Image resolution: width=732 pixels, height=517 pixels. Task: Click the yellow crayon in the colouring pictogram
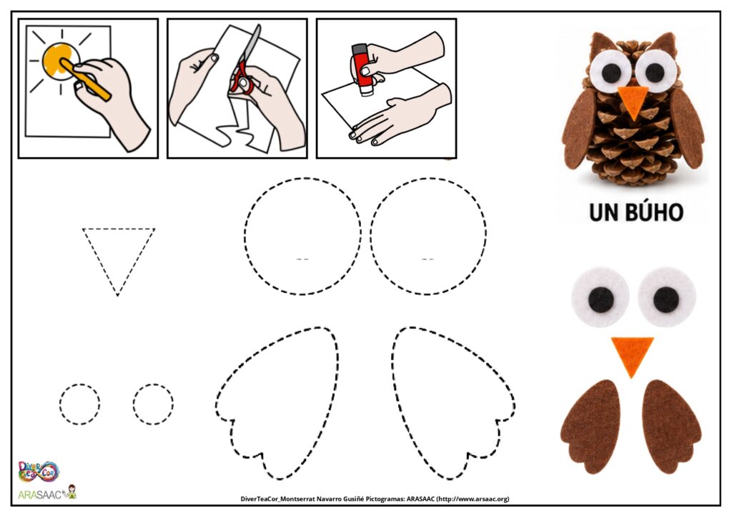86,79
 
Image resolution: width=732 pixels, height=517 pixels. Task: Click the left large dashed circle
244,236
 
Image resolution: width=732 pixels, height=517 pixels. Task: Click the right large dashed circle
371,236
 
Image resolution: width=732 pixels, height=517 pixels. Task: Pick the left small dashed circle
60,404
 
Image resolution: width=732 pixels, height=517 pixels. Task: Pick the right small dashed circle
134,404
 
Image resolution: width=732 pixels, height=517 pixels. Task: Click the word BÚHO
656,211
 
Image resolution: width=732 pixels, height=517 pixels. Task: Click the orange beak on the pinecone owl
633,101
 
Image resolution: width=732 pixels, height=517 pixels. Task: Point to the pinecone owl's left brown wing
579,129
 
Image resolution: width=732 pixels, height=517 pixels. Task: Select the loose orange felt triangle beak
633,354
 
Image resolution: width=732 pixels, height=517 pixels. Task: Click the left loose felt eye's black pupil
600,299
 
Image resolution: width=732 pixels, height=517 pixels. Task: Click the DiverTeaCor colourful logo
39,471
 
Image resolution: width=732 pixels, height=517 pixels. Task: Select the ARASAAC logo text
40,495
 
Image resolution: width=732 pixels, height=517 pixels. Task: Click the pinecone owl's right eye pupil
655,72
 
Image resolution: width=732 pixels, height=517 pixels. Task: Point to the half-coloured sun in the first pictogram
61,61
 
